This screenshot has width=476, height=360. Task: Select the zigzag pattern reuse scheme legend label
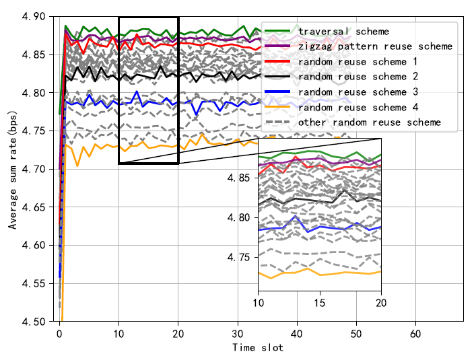pos(374,46)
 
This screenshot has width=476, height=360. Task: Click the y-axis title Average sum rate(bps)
pos(13,170)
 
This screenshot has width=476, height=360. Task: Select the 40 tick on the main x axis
pos(296,334)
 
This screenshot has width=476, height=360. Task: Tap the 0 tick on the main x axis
pos(59,334)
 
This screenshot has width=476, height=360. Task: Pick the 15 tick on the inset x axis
pos(320,303)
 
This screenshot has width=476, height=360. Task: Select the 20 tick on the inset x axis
pos(381,303)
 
